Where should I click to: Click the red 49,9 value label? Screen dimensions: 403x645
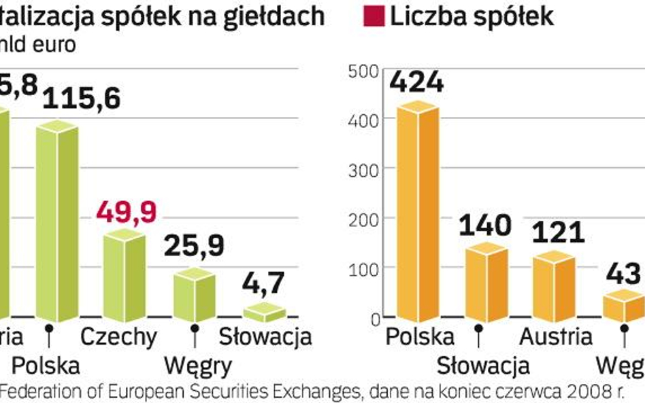(x=126, y=212)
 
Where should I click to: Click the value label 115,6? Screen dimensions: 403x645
(x=81, y=100)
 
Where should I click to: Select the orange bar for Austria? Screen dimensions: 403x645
(x=555, y=287)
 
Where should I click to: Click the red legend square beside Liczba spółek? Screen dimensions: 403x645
(x=379, y=16)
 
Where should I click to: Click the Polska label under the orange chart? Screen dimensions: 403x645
(x=419, y=336)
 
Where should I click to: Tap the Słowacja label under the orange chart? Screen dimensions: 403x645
(x=483, y=366)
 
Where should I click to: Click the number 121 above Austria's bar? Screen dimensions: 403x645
(x=558, y=232)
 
